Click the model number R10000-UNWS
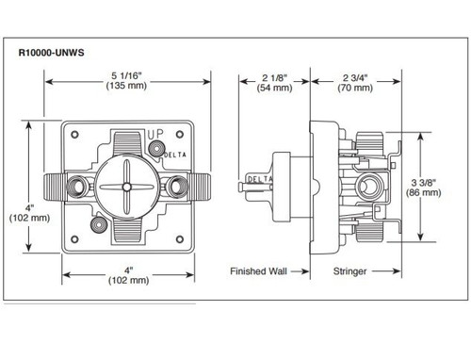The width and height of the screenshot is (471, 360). [x=52, y=53]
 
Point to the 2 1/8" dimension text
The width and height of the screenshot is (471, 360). [x=274, y=77]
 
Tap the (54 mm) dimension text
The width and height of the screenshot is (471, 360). [x=274, y=89]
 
